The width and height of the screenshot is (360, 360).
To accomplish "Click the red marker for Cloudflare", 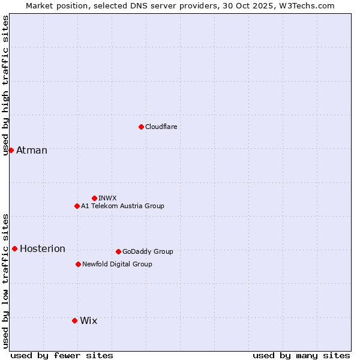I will (x=141, y=127).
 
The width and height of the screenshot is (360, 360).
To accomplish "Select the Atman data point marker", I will (x=11, y=150).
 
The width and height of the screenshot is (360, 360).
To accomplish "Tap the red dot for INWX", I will (x=94, y=198).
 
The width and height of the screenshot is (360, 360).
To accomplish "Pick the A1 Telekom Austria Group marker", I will (x=77, y=206).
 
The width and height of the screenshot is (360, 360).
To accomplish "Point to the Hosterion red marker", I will (x=14, y=248).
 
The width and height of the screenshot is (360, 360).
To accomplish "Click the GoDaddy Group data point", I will (x=118, y=251).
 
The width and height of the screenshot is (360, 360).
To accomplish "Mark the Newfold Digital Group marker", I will (x=78, y=264).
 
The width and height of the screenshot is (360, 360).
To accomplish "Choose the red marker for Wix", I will (x=74, y=320).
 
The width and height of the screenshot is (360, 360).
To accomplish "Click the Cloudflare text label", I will (x=161, y=127).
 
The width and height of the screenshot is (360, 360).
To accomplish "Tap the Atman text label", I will (x=32, y=150).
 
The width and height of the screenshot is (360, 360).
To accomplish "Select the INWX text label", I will (x=107, y=198).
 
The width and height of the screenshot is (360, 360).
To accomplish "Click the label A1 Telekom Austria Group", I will (x=122, y=206).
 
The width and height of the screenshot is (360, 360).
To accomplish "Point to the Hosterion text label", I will (x=43, y=248).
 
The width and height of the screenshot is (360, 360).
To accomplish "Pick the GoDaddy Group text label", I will (x=148, y=251).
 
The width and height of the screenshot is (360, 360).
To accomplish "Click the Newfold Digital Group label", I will (x=117, y=264).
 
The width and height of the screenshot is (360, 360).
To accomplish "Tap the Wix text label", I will (x=88, y=320).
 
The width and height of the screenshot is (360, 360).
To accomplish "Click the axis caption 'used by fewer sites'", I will (x=62, y=355).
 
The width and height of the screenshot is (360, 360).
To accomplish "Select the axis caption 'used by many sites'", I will (x=301, y=355).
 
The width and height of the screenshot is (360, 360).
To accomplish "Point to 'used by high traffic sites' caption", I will (x=5, y=86).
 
